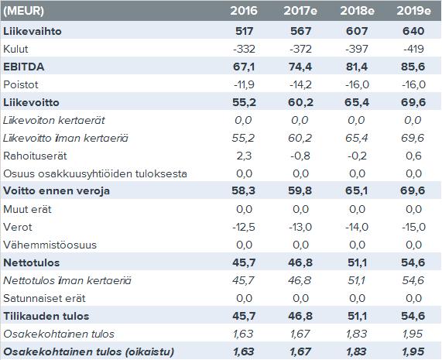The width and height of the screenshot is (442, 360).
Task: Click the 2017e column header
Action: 300,11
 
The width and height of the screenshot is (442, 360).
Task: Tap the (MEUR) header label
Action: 24,11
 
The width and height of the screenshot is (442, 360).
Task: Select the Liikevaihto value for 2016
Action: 244,31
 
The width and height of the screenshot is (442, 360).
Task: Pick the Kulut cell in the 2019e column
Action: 413,49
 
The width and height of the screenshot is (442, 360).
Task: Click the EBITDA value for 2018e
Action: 357,67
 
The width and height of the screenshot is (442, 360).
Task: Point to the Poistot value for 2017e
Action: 300,84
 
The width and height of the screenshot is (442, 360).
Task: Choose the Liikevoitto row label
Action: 31,102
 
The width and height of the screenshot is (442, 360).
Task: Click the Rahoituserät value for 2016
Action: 244,156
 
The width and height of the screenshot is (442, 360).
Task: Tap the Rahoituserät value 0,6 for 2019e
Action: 413,156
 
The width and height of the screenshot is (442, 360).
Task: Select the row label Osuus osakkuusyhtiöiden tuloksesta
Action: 95,173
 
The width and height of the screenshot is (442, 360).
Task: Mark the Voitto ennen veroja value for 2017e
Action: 300,191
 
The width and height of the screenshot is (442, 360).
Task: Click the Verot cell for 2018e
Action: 357,227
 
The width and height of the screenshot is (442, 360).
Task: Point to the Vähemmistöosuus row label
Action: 50,245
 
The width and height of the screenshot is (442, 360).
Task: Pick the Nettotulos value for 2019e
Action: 413,262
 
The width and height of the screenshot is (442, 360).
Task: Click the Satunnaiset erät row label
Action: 44,298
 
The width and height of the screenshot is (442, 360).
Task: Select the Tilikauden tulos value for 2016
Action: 244,316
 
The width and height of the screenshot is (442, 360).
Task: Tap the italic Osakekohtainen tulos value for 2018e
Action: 357,334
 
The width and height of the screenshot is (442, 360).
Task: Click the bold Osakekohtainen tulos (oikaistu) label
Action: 89,351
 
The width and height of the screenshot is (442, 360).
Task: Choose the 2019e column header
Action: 413,11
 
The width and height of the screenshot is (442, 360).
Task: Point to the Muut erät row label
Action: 27,209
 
